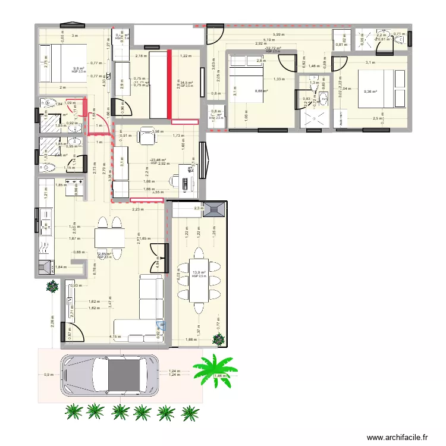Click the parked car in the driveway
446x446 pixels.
[110, 375]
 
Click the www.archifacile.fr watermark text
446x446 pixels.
[397, 437]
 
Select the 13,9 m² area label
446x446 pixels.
[199, 273]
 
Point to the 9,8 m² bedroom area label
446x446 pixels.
[78, 68]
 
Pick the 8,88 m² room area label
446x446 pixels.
[261, 91]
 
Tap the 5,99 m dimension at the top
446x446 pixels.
[278, 35]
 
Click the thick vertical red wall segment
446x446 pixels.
[169, 84]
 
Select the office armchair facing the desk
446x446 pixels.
[146, 136]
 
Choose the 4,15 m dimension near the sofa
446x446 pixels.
[112, 337]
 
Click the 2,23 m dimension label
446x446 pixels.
[138, 209]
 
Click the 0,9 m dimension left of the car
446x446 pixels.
[47, 375]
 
